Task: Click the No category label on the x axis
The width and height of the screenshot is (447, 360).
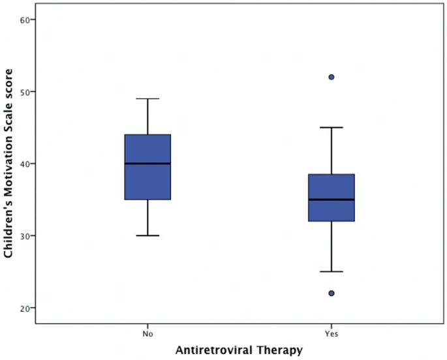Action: point(147,333)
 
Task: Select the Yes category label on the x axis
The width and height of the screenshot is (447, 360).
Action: point(331,333)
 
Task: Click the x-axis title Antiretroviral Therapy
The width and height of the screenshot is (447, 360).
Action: point(239,350)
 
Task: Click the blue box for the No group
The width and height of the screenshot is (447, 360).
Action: point(147,183)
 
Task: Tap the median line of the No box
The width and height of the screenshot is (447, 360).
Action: point(147,164)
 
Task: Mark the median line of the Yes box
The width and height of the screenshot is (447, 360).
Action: point(331,200)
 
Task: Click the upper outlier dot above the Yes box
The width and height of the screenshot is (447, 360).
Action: point(331,77)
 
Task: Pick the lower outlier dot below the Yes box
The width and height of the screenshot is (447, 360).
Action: point(331,293)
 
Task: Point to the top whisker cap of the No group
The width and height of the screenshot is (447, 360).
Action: point(147,98)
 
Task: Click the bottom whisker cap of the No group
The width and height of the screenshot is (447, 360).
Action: point(147,235)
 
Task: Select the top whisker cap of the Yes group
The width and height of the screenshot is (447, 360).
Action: point(331,127)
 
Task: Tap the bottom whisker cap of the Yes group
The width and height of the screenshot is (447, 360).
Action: point(331,271)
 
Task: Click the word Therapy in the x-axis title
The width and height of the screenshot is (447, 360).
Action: point(281,350)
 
